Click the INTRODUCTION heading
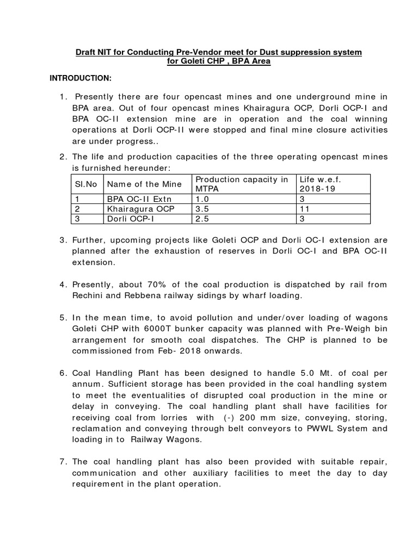pos(81,79)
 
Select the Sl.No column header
pos(85,184)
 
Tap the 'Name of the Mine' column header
pos(133,184)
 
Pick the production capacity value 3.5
pos(202,209)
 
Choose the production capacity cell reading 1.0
pos(202,199)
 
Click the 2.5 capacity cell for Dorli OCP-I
pos(202,219)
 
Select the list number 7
pos(63,461)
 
